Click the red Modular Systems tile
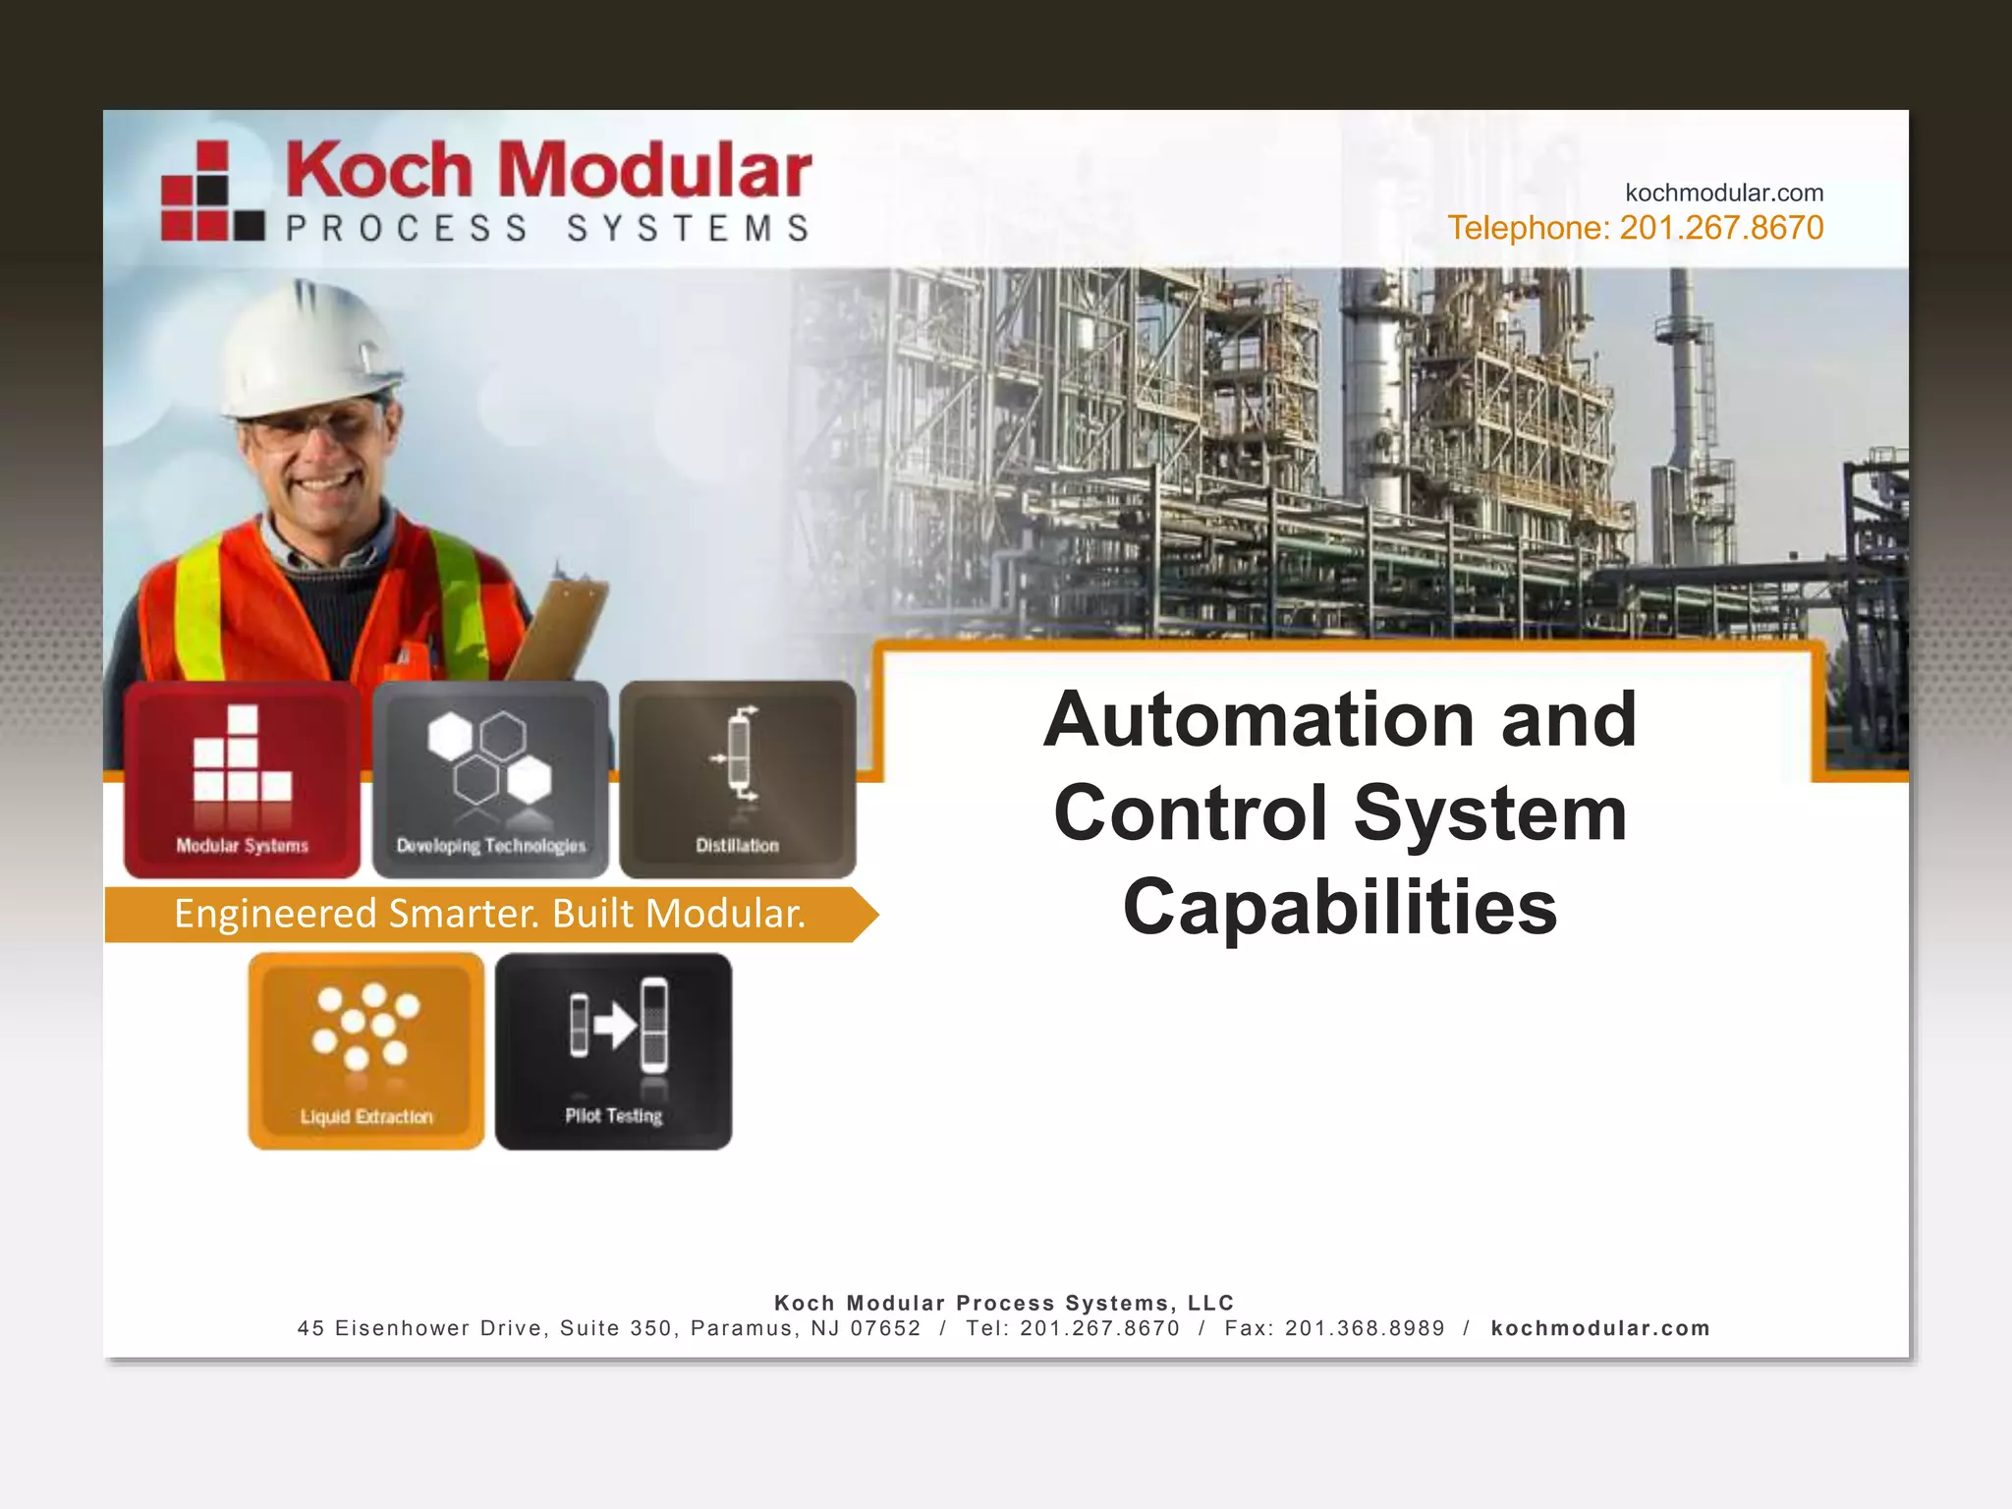click(242, 779)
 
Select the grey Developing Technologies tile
click(490, 779)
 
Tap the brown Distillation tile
click(738, 779)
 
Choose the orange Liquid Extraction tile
click(366, 1050)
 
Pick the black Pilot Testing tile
click(614, 1050)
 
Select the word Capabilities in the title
click(1340, 907)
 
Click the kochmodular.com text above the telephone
click(1724, 193)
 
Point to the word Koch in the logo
click(379, 170)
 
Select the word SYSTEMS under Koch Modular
click(689, 229)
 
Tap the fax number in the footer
click(1365, 1328)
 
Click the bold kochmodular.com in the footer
click(1600, 1328)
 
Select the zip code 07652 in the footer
click(885, 1328)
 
